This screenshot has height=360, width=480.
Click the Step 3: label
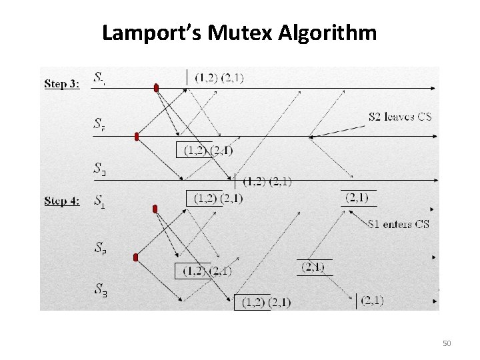coord(63,84)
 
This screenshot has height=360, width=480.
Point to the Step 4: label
coord(63,201)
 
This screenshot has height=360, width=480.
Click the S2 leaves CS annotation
coord(399,117)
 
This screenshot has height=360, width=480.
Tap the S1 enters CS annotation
coord(398,224)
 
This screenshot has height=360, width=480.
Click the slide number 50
coord(446,343)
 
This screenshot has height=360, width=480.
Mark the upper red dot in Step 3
coord(156,87)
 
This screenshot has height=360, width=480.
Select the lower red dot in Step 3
coord(137,137)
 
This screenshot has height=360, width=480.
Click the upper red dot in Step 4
coord(155,209)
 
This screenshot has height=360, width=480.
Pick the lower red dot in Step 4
coord(135,257)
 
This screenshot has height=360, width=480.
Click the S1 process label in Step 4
coord(99,200)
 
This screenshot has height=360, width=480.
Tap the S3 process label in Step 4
coord(100,289)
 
